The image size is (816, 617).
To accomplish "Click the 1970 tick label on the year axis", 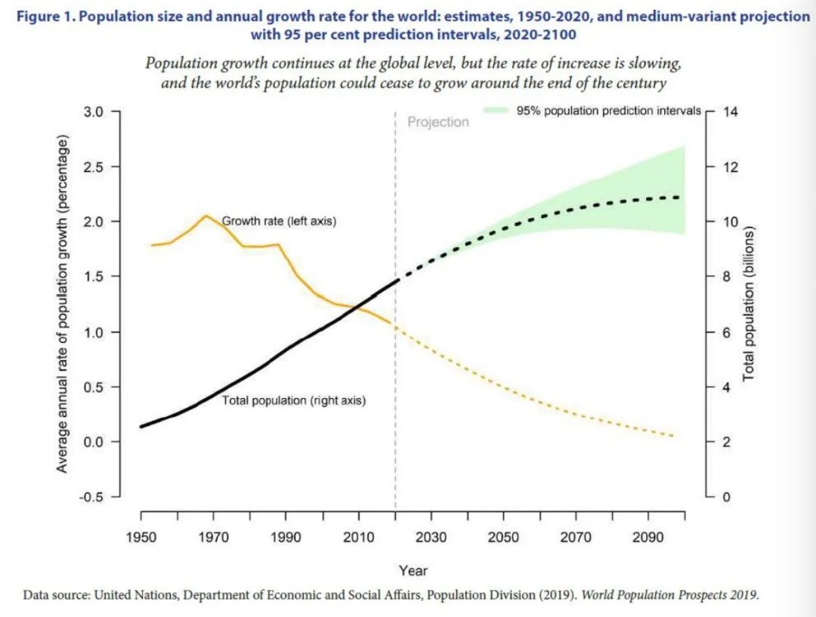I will coord(213,537).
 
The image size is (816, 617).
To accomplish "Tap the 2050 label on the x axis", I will coord(503,537).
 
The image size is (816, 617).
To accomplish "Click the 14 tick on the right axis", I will coord(731,112).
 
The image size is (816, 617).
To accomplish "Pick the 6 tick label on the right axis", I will coord(727,332).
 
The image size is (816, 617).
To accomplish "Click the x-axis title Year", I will coord(413,571).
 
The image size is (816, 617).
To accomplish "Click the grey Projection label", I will coord(438,122).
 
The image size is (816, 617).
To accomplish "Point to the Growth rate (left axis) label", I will coord(278,222).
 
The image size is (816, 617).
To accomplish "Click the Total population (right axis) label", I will coord(293,401).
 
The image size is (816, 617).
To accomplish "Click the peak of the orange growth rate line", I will coord(206,215).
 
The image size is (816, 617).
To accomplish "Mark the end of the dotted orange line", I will coord(672,437).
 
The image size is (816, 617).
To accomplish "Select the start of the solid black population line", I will coord(141,427).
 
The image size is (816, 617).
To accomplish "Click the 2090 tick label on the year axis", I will coord(648,537).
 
